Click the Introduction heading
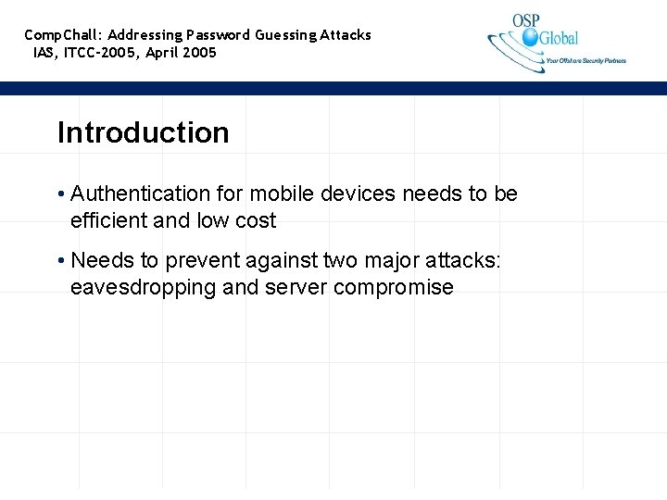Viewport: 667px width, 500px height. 143,132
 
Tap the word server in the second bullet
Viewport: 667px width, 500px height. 296,287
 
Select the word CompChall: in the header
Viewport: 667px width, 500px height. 64,35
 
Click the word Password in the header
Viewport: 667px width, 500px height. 218,35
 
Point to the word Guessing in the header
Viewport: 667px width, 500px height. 286,35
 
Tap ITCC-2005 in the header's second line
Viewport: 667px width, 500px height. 102,53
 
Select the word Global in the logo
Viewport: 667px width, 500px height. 559,38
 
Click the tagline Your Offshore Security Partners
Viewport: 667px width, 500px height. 585,61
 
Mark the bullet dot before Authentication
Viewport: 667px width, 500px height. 60,194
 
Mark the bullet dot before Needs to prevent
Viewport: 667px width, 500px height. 60,261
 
